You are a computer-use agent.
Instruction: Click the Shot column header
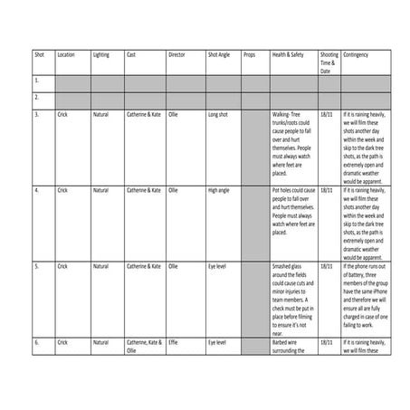(40, 55)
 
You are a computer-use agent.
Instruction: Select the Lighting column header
(100, 55)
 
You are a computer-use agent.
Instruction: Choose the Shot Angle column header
(220, 55)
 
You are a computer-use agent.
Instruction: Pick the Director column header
(177, 55)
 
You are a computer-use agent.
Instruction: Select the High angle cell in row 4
(219, 191)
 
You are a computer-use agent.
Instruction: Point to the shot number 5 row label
(37, 267)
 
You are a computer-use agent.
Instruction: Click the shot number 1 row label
(37, 81)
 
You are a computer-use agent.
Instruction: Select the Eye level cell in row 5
(217, 267)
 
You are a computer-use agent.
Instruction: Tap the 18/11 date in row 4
(326, 191)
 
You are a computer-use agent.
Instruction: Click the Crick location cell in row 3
(62, 115)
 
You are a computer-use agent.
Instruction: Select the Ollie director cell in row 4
(174, 191)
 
